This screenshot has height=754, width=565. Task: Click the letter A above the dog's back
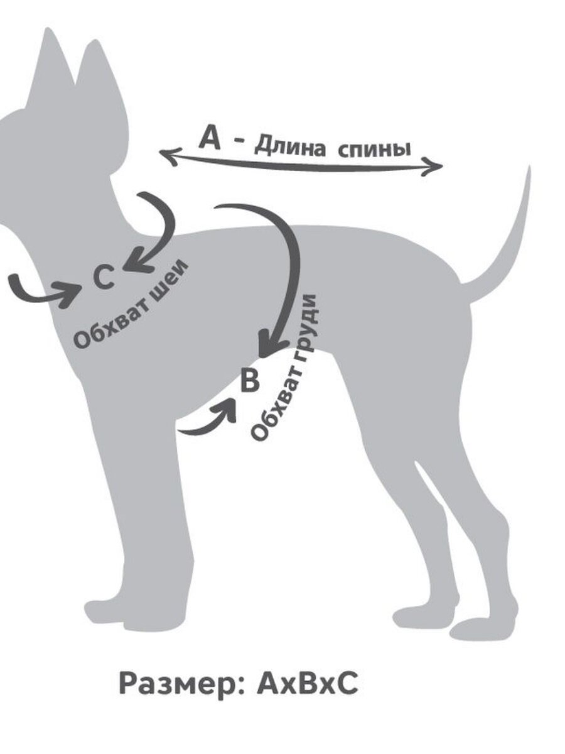pyautogui.click(x=210, y=138)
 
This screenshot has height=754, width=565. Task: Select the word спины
pyautogui.click(x=375, y=150)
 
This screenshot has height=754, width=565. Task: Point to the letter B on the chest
pyautogui.click(x=250, y=380)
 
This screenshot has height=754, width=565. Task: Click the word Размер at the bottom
pyautogui.click(x=181, y=684)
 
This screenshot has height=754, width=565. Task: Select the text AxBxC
pyautogui.click(x=308, y=684)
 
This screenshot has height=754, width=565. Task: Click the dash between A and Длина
pyautogui.click(x=240, y=142)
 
